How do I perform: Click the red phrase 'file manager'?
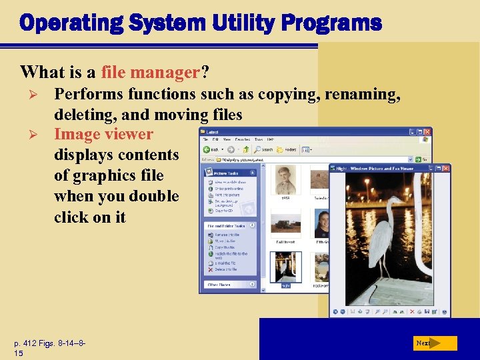(152, 71)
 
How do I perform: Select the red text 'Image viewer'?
(103, 134)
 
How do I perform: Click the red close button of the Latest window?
(427, 132)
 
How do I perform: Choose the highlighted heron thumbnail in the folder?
(285, 266)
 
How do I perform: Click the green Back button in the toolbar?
(211, 149)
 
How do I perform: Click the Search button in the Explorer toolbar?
(263, 149)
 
